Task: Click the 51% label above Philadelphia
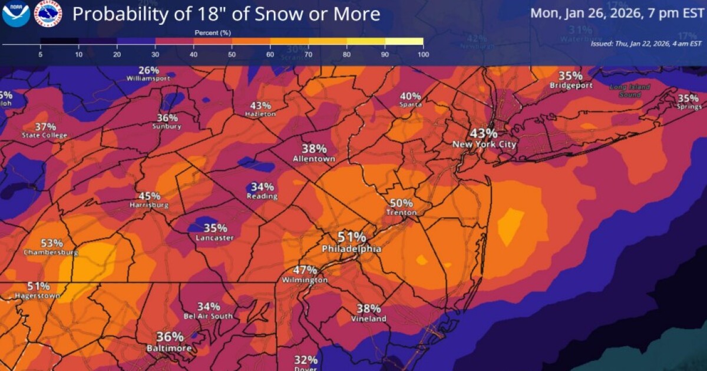click(x=352, y=237)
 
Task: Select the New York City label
click(x=484, y=144)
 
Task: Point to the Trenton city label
click(x=401, y=213)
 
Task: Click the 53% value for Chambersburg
click(x=52, y=243)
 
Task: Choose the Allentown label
click(x=314, y=159)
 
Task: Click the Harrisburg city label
click(x=149, y=206)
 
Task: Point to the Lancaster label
click(x=214, y=238)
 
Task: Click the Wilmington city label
click(x=305, y=280)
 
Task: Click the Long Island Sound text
click(x=630, y=90)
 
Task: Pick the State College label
click(x=45, y=135)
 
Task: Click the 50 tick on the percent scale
click(x=232, y=54)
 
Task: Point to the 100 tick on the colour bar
click(x=422, y=54)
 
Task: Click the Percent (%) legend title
click(x=212, y=33)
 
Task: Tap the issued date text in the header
click(x=646, y=44)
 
